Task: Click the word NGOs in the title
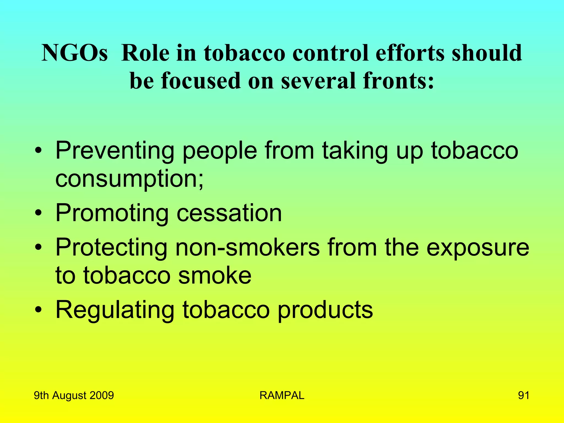click(74, 53)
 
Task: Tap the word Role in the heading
click(145, 53)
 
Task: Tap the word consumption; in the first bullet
click(129, 179)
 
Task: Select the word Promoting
click(112, 213)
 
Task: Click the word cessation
click(229, 213)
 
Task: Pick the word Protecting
click(111, 248)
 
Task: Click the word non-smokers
click(248, 248)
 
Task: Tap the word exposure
click(478, 248)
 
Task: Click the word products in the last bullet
click(325, 310)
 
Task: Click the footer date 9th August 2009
click(74, 395)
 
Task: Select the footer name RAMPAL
click(282, 395)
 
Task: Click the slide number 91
click(524, 395)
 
